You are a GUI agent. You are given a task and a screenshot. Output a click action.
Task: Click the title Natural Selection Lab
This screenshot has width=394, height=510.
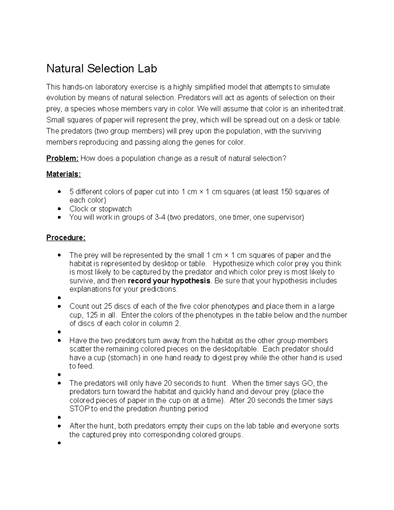[101, 69]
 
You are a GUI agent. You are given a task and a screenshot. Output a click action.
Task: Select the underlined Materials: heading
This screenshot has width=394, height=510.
[63, 174]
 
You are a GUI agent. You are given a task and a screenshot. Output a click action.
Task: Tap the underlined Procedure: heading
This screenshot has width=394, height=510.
[66, 237]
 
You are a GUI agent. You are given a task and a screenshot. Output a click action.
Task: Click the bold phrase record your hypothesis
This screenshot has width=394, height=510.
[169, 281]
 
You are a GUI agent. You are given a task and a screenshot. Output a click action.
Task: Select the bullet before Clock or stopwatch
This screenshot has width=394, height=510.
[59, 209]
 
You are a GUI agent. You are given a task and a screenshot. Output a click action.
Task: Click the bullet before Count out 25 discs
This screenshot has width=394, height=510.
[59, 306]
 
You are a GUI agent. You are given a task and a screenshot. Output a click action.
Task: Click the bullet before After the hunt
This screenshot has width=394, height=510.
[59, 426]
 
